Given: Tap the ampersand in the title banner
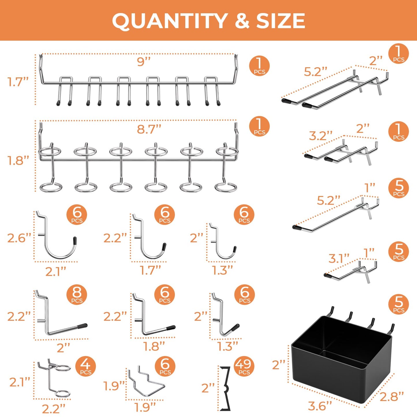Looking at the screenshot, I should [x=242, y=21].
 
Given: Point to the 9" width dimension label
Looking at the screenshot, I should [x=144, y=61].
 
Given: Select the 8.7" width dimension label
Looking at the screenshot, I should [x=149, y=129].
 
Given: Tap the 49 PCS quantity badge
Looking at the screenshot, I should [x=244, y=366].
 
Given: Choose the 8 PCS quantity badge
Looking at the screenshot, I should [x=77, y=295].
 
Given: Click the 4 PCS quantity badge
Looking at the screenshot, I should [x=85, y=366].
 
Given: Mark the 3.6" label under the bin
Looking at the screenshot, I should [x=320, y=406].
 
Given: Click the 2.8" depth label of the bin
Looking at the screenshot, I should [x=391, y=396].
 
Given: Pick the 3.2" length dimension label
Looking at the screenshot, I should [x=321, y=136].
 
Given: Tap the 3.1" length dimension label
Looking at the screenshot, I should [x=339, y=258].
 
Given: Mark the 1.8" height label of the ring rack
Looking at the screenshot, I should [x=18, y=161].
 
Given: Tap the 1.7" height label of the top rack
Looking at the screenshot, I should [x=18, y=82].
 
